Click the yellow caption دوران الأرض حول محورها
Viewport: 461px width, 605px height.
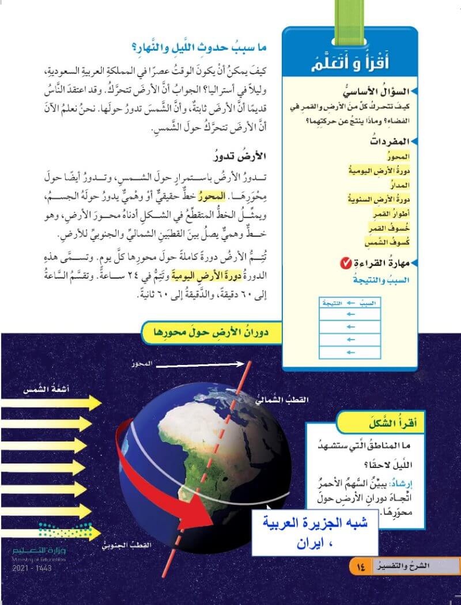[x=211, y=332]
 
